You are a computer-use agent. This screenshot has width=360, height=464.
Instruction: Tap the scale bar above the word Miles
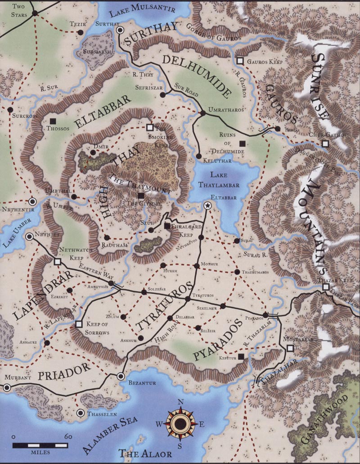point(40,445)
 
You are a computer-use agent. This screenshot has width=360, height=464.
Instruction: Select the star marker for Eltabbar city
point(207,206)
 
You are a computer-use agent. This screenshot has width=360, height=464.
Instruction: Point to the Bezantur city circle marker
point(120,376)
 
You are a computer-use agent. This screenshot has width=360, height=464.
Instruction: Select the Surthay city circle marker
point(120,30)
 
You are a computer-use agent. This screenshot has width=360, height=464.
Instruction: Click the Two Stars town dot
point(35,13)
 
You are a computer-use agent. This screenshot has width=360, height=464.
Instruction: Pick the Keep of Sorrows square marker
point(79,324)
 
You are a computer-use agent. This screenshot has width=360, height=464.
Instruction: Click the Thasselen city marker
point(80,413)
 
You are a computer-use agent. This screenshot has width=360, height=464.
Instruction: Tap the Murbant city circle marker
point(7,387)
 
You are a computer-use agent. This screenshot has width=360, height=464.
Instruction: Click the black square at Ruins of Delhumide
point(243,144)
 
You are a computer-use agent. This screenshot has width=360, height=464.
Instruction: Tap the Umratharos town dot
point(202,113)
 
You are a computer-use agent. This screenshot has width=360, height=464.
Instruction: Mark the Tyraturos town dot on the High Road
point(188,299)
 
